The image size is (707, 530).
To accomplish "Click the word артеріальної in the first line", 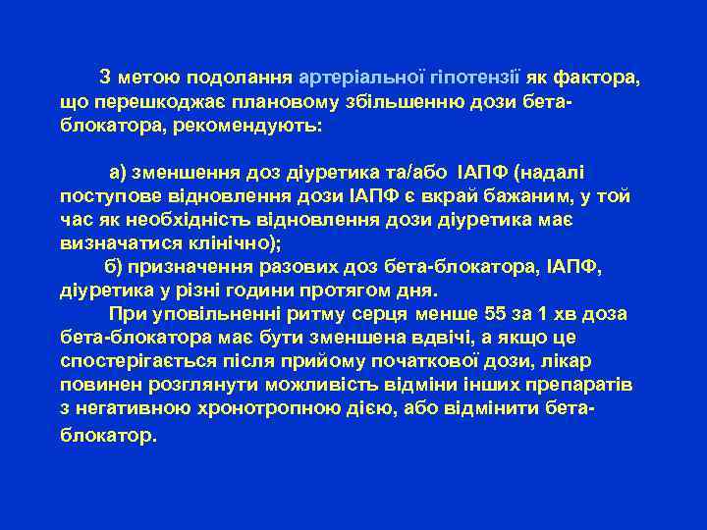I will pos(360,78).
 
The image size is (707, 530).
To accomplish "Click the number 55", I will pos(499,315).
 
